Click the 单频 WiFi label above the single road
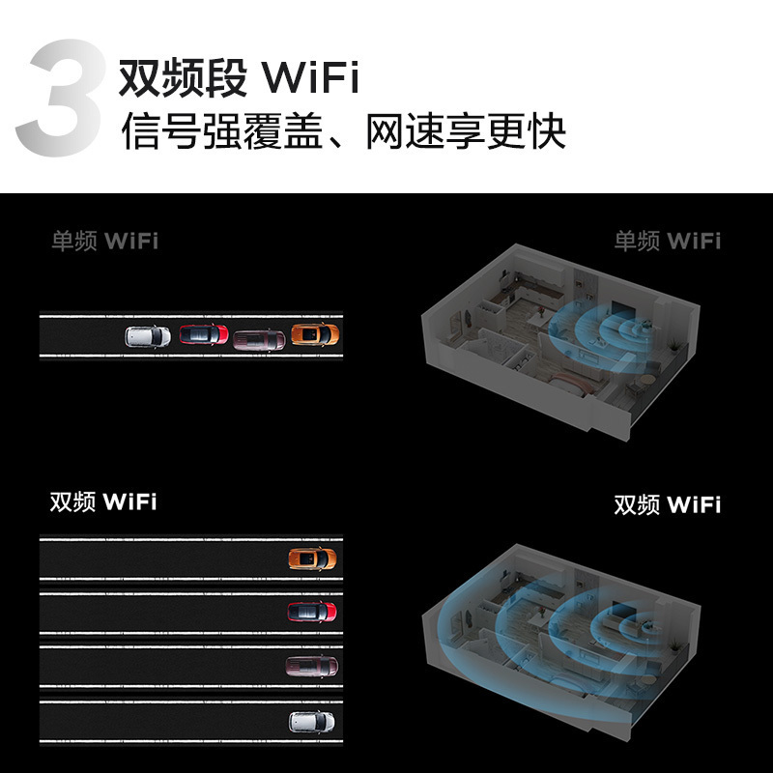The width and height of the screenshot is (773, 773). [x=104, y=241]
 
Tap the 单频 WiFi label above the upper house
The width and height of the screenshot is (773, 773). [x=667, y=241]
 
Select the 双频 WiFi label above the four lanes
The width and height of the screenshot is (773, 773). [x=103, y=502]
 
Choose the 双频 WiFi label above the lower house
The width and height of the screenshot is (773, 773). [x=667, y=504]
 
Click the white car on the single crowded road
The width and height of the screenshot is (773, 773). [x=148, y=336]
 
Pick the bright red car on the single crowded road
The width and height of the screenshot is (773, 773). [x=204, y=335]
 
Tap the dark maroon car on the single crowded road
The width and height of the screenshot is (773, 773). [x=259, y=339]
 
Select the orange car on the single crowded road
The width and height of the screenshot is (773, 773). [x=315, y=335]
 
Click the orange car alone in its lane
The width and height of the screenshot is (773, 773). [x=312, y=558]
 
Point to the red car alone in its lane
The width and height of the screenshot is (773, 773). [x=312, y=612]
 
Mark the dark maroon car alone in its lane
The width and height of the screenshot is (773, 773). [x=312, y=665]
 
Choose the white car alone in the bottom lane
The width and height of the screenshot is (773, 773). [x=312, y=720]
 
